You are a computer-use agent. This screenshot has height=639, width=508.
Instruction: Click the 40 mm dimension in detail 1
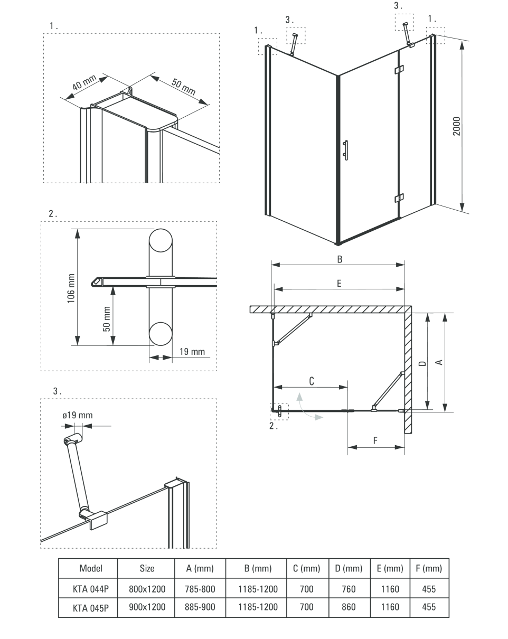[84, 82]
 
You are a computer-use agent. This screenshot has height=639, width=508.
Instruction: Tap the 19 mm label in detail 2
[192, 352]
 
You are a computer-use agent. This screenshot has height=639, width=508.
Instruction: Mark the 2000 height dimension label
[457, 126]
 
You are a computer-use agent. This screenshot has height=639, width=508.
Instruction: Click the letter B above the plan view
[340, 259]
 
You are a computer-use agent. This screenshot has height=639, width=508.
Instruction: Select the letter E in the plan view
[339, 284]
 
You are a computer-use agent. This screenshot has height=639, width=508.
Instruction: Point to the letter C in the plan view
[312, 381]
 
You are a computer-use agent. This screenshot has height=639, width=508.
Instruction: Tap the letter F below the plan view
[375, 440]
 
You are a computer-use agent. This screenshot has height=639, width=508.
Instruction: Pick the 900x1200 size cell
[147, 607]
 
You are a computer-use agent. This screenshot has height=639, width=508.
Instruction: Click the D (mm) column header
[349, 569]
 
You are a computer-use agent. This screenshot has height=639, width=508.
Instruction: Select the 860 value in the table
[349, 607]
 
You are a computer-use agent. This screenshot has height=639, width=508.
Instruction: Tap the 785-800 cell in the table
[200, 589]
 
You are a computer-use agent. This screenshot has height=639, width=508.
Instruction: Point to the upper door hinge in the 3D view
[399, 70]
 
